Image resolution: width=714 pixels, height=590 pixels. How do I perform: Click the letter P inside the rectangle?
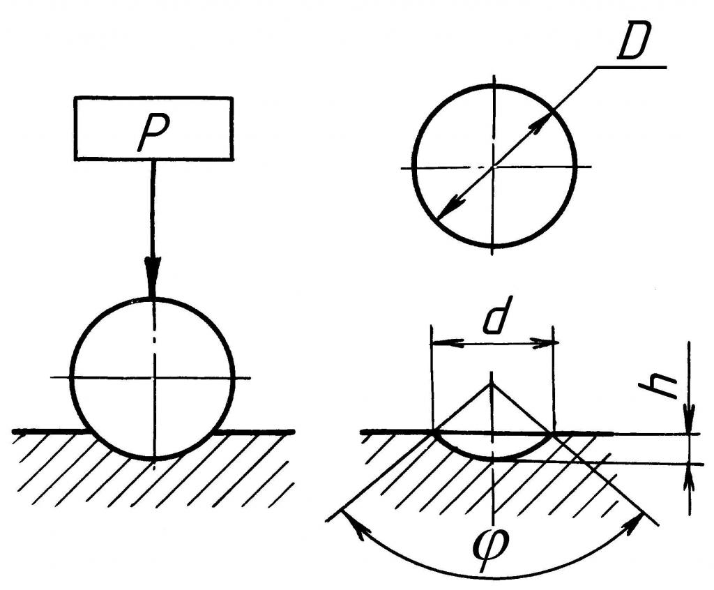coord(153,132)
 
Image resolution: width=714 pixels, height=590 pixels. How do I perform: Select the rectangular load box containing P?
coord(153,128)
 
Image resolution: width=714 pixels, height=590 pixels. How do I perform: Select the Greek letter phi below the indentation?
coord(492,550)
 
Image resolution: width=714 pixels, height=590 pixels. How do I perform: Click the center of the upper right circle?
coord(494,167)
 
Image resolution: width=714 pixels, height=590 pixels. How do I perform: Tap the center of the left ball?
coord(154,377)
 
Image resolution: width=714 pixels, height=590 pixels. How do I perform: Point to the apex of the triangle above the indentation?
coord(492,384)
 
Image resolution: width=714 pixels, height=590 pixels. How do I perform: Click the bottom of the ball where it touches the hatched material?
coord(154,457)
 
